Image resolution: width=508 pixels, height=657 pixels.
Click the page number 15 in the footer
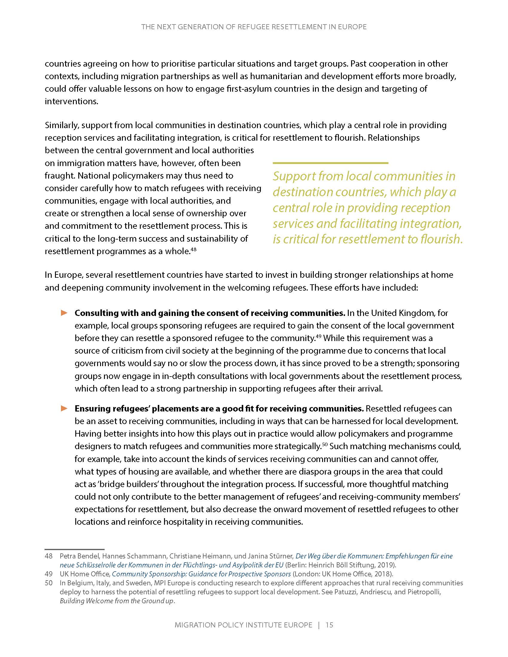(x=329, y=625)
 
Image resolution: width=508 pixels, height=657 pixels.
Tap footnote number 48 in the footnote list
(x=48, y=556)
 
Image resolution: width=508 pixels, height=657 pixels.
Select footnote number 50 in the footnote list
(x=48, y=583)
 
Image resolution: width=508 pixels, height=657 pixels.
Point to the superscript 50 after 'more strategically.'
(x=325, y=444)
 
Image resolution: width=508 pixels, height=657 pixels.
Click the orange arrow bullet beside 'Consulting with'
(x=64, y=313)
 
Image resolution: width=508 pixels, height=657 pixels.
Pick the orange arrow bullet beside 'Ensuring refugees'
(x=64, y=408)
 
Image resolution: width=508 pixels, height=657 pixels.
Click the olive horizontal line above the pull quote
(x=330, y=163)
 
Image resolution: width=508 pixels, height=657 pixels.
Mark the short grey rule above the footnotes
(x=74, y=549)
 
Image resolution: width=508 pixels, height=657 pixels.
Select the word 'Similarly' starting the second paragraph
(x=61, y=125)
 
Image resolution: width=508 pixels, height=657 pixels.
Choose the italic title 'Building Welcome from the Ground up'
(x=117, y=601)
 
